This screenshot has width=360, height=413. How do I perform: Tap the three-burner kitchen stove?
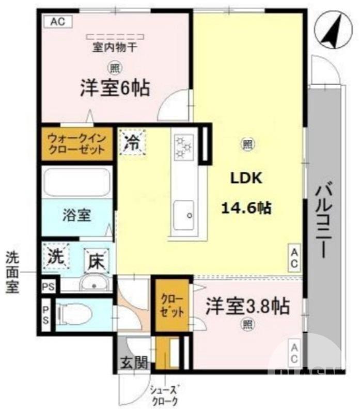(183, 146)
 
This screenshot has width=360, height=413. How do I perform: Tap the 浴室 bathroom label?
(77, 215)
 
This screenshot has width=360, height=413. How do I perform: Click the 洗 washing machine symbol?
(56, 257)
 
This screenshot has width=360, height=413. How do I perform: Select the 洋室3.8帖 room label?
(247, 306)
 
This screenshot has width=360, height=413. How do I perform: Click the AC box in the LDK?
(293, 258)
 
